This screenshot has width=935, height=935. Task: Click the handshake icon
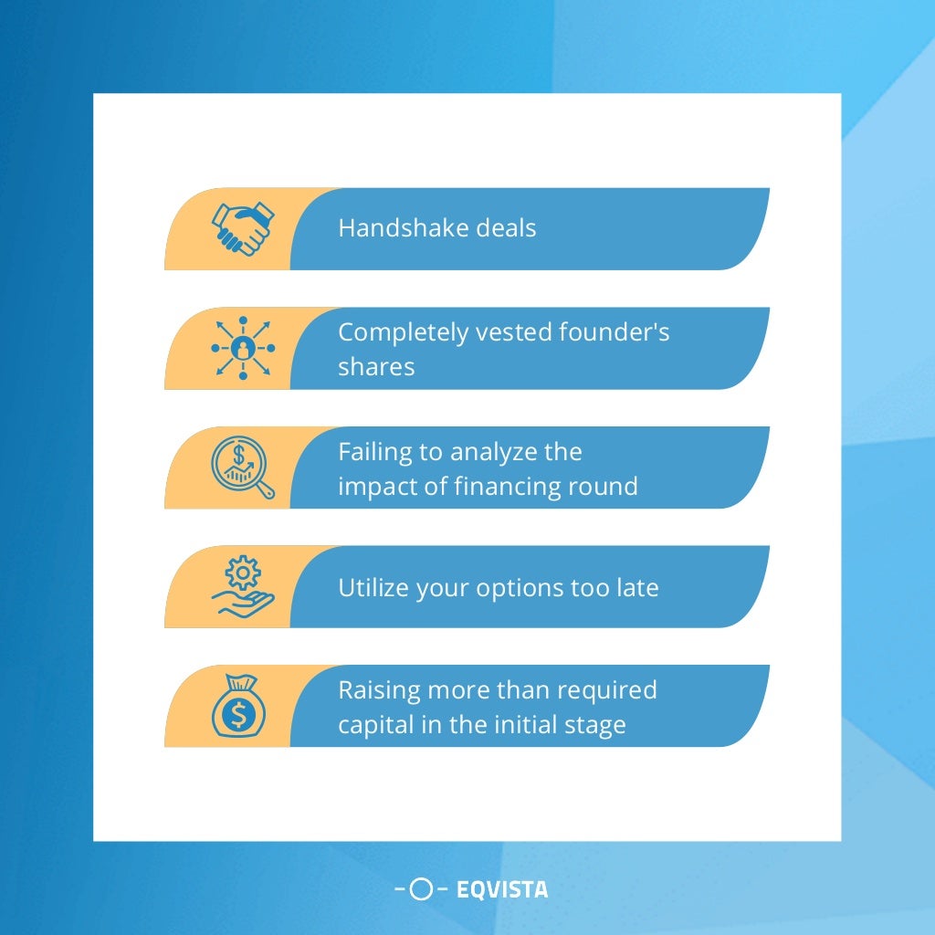point(242,228)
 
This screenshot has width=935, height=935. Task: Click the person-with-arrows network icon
point(243,348)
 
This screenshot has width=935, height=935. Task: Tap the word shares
point(376,366)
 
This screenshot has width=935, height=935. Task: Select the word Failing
point(368,452)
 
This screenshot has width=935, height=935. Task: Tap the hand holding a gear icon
point(242,586)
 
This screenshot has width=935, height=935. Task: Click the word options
point(519,587)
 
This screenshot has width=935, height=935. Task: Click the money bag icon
point(238,707)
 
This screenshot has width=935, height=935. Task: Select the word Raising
point(374,689)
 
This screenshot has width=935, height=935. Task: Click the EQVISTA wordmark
point(502,888)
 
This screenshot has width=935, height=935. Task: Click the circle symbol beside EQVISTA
point(421,888)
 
